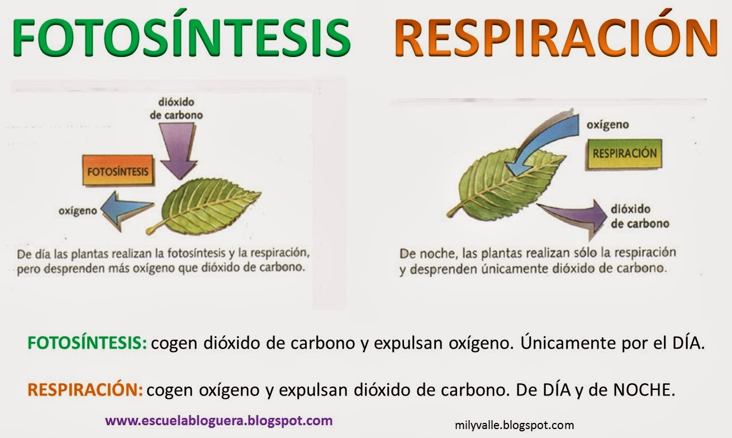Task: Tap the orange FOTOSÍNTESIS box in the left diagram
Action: [x=117, y=171]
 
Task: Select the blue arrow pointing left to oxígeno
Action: [x=130, y=208]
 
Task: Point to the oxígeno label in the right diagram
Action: [x=607, y=125]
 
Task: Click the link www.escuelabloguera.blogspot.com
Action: [x=218, y=420]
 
